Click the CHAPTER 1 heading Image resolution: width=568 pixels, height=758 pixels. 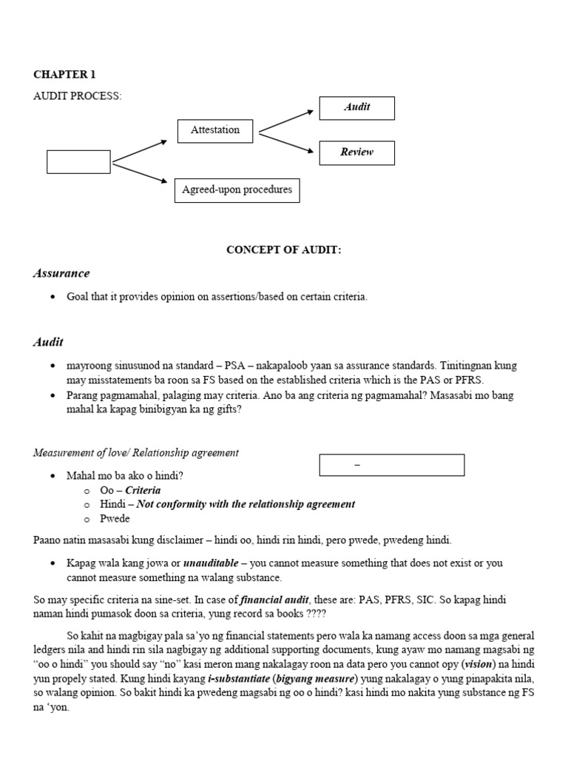tap(64, 74)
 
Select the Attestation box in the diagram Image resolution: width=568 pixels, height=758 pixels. tap(215, 130)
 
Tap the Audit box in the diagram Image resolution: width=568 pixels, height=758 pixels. tap(356, 107)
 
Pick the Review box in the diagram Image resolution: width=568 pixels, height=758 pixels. tap(356, 152)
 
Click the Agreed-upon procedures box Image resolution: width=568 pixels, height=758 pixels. tap(237, 190)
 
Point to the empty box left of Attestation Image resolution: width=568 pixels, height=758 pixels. tap(78, 161)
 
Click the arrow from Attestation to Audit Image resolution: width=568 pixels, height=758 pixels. tap(286, 121)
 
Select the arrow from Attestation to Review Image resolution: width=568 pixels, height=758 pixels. tap(286, 144)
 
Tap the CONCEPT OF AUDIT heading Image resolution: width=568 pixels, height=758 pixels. tap(283, 250)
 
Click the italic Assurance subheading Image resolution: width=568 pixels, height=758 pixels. tap(61, 273)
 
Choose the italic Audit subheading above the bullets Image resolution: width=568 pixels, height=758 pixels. tap(48, 341)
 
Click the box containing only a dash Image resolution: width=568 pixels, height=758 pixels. tap(391, 465)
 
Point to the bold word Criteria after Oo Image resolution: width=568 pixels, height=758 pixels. tap(143, 490)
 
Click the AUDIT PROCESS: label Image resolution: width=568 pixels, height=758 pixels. tap(77, 96)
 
